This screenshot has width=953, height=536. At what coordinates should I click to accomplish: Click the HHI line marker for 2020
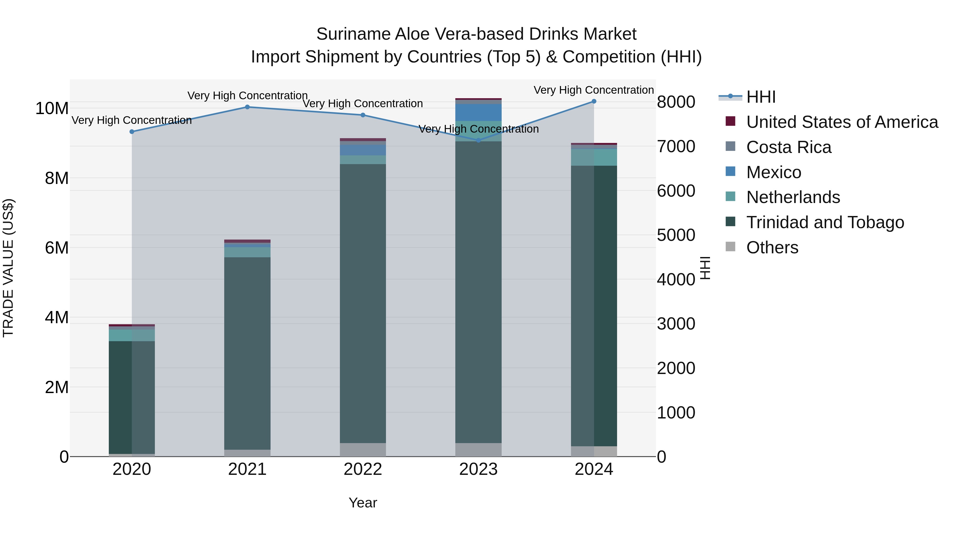pyautogui.click(x=132, y=132)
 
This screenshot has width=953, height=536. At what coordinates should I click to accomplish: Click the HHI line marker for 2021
pyautogui.click(x=248, y=107)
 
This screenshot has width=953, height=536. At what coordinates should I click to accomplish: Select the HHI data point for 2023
pyautogui.click(x=478, y=140)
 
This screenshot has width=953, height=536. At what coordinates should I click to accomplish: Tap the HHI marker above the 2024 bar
pyautogui.click(x=594, y=101)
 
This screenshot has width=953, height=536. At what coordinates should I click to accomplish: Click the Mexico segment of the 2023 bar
pyautogui.click(x=478, y=112)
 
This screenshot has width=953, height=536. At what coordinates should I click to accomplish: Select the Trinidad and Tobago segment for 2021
pyautogui.click(x=248, y=353)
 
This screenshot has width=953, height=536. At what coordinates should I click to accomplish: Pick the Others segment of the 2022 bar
pyautogui.click(x=363, y=450)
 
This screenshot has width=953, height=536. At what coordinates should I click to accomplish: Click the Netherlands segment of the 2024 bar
pyautogui.click(x=594, y=157)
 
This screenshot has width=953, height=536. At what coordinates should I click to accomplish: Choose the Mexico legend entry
pyautogui.click(x=774, y=172)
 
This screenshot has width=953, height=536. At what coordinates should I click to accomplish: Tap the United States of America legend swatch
pyautogui.click(x=731, y=121)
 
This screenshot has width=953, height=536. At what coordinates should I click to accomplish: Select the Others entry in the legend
pyautogui.click(x=772, y=247)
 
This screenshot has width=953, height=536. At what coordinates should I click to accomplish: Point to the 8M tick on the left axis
pyautogui.click(x=57, y=178)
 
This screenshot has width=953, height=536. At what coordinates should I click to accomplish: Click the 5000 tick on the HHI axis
pyautogui.click(x=676, y=235)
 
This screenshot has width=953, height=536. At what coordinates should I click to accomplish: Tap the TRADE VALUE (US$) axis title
pyautogui.click(x=8, y=268)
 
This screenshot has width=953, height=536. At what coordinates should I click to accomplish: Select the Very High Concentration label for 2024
pyautogui.click(x=594, y=90)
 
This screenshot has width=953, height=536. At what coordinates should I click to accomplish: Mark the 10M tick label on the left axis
pyautogui.click(x=52, y=109)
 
